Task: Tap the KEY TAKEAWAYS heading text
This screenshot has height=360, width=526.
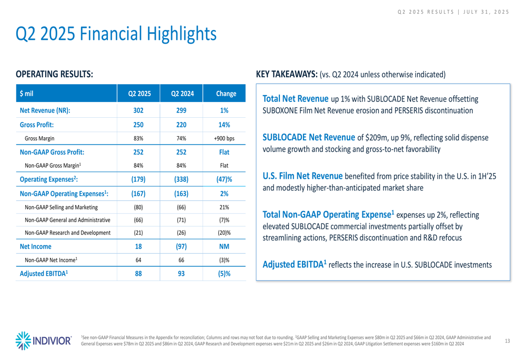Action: point(287,74)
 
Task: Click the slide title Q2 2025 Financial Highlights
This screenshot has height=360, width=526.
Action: point(116,34)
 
